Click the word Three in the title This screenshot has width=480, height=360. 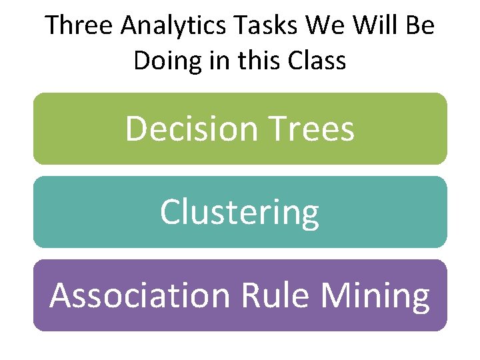pos(74,26)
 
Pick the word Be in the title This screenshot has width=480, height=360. pos(418,26)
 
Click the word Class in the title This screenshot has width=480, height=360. pos(317,61)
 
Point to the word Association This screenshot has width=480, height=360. pos(137,295)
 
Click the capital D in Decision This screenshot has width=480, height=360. pos(136,129)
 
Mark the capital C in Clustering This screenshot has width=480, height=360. pos(170,213)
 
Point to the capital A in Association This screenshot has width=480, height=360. pos(61,296)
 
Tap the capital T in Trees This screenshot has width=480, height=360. pos(279,129)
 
